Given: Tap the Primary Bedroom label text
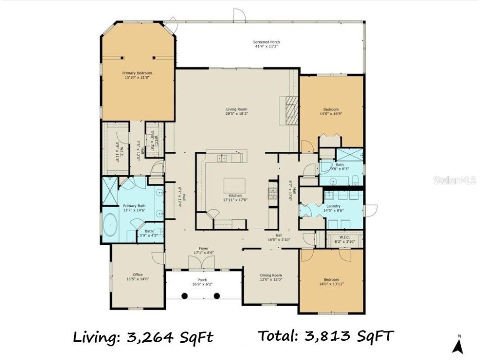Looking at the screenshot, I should pyautogui.click(x=137, y=73).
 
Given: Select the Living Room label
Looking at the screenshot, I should pyautogui.click(x=236, y=109).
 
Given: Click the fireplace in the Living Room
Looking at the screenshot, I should pyautogui.click(x=289, y=111).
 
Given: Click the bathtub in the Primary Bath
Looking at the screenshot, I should pyautogui.click(x=110, y=225).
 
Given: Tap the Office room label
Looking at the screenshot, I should pyautogui.click(x=137, y=275).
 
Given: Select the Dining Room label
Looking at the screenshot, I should pyautogui.click(x=270, y=275).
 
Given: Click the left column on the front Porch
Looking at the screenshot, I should pyautogui.click(x=185, y=296).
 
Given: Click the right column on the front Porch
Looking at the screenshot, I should pyautogui.click(x=217, y=296).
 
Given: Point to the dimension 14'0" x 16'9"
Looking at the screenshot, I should pyautogui.click(x=331, y=113).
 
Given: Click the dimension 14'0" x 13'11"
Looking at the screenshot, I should pyautogui.click(x=331, y=283).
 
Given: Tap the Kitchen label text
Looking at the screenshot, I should pyautogui.click(x=235, y=195).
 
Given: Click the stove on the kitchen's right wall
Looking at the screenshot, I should pyautogui.click(x=272, y=192).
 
